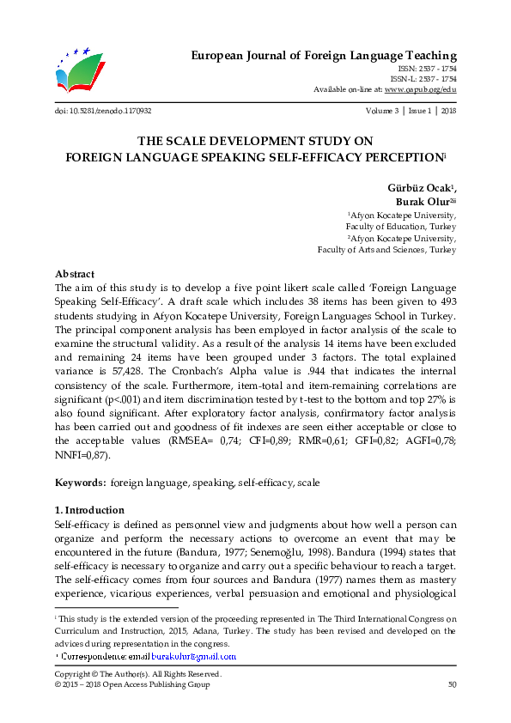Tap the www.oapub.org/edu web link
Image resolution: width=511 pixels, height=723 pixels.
[420, 88]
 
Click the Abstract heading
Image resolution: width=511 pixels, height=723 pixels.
[74, 273]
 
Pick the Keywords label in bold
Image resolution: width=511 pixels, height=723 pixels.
[80, 483]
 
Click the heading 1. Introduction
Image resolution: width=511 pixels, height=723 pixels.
[88, 510]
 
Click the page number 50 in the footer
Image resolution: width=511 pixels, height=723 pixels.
[452, 684]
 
